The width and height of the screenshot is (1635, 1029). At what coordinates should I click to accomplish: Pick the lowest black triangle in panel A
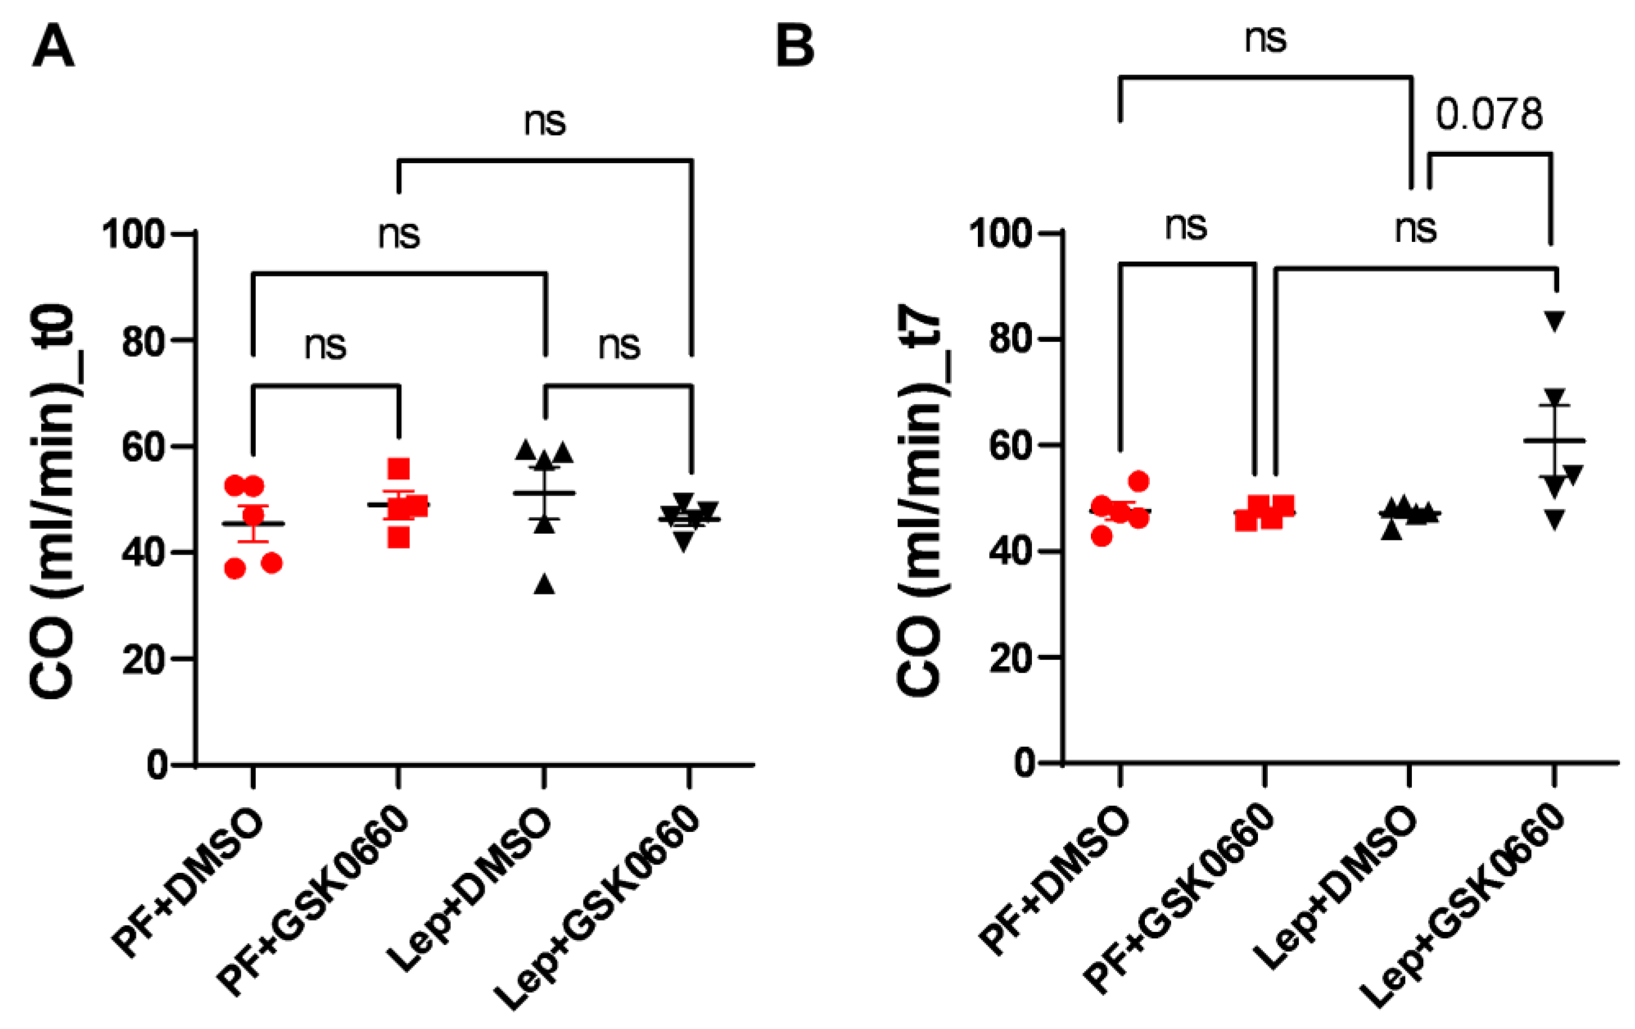[545, 584]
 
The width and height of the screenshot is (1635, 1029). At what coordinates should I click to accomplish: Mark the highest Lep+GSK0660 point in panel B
[1555, 320]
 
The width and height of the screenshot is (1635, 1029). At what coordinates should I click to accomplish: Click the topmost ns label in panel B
[1265, 39]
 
